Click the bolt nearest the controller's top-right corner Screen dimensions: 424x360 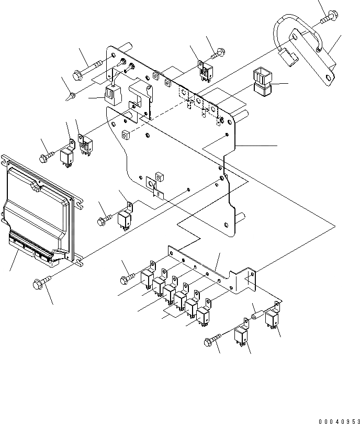pos(47,155)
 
